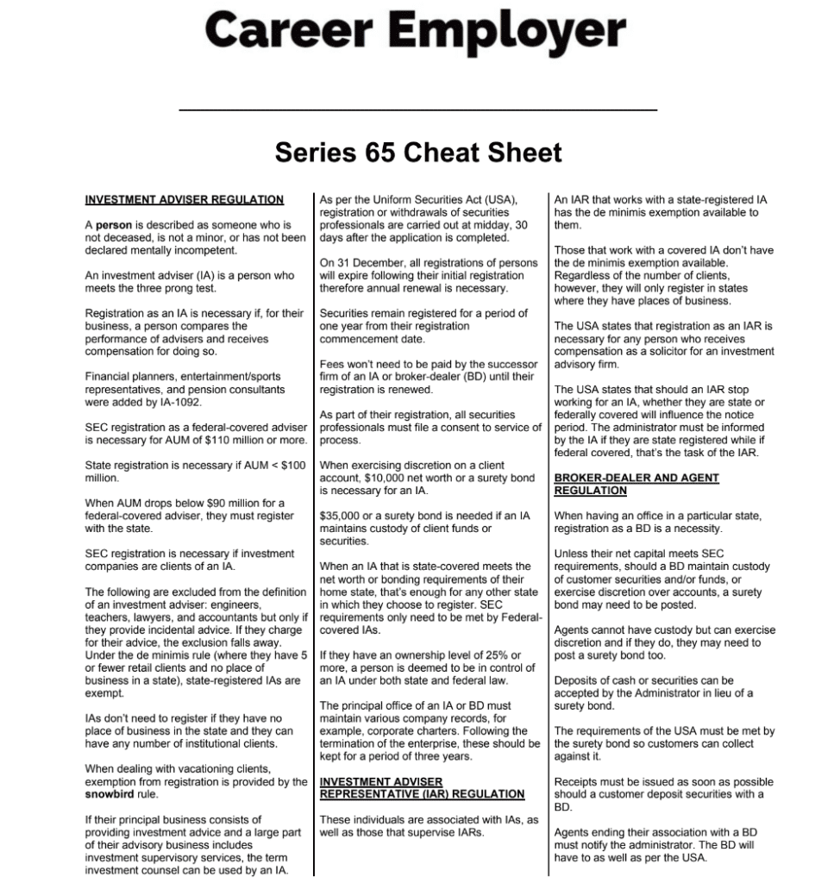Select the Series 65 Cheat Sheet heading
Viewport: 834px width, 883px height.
click(418, 153)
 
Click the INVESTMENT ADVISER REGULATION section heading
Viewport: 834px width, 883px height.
click(184, 200)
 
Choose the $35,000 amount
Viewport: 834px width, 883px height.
click(340, 516)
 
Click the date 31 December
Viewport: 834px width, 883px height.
click(361, 263)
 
